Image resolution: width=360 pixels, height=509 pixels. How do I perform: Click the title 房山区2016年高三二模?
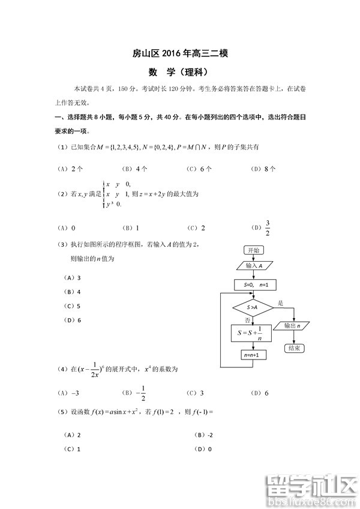[180, 54]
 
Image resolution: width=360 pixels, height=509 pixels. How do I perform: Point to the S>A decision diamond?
[253, 307]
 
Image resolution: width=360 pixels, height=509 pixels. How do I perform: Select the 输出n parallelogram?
[294, 326]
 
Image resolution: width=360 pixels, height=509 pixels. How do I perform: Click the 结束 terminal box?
[294, 348]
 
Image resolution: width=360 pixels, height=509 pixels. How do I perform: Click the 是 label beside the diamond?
[280, 303]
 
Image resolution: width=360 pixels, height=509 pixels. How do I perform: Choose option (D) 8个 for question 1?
[263, 169]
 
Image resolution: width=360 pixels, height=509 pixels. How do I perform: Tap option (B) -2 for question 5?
[206, 434]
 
